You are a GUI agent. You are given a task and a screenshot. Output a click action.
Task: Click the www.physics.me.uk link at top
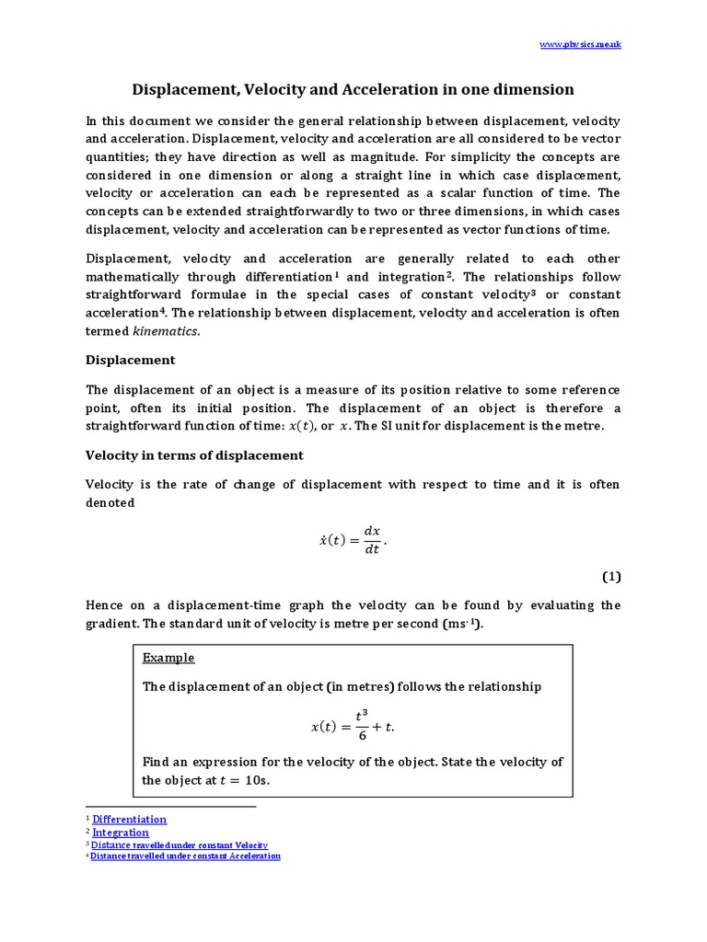tap(580, 44)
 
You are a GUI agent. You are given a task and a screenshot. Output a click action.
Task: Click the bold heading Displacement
tap(130, 360)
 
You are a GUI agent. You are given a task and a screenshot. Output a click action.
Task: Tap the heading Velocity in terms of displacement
tap(194, 455)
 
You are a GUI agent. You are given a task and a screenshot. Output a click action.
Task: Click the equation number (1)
tap(612, 577)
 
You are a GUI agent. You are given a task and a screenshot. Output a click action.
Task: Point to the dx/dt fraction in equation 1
tap(372, 541)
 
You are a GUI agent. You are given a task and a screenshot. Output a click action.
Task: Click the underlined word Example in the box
tap(168, 658)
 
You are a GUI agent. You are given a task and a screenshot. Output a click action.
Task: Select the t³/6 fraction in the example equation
tap(362, 727)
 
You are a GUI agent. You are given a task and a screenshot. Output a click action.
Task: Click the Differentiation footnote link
tap(129, 819)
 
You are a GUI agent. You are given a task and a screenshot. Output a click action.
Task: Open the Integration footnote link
tap(121, 833)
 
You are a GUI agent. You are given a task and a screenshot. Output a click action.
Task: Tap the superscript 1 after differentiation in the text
tap(337, 274)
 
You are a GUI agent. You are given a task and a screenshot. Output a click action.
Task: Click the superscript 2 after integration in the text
tap(449, 274)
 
